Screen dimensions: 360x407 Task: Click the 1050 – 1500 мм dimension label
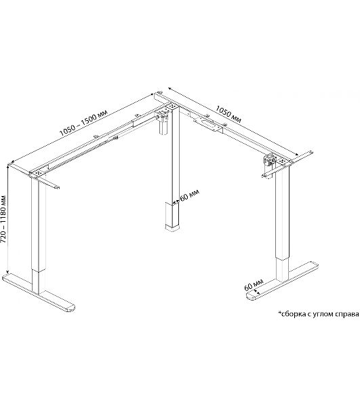[x=83, y=124]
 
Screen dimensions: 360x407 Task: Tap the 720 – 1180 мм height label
[x=5, y=219]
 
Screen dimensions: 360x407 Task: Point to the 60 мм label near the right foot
[x=254, y=285]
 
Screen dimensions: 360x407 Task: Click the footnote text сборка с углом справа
[x=319, y=314]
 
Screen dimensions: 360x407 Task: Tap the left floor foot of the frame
[x=39, y=292]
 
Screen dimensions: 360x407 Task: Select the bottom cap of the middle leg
[x=172, y=228]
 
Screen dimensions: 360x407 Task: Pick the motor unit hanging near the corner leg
[x=163, y=122]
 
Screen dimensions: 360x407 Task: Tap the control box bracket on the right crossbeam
[x=208, y=124]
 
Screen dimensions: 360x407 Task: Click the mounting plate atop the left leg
[x=39, y=172]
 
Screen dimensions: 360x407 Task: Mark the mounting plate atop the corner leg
[x=172, y=106]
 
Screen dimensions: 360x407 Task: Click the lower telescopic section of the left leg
[x=39, y=283]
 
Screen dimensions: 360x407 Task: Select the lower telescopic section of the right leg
[x=282, y=270]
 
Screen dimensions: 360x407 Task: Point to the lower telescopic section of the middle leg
[x=172, y=214]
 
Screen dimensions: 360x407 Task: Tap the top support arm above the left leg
[x=34, y=176]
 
